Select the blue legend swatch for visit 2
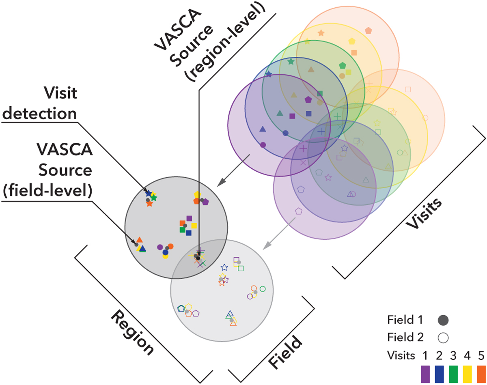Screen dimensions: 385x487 click(x=439, y=373)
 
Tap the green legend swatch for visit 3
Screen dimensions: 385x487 click(x=454, y=373)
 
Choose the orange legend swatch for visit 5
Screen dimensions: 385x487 click(x=481, y=373)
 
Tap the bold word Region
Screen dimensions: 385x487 click(x=133, y=333)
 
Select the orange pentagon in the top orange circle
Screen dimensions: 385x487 click(x=368, y=30)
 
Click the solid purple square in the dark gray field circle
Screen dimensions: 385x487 click(x=189, y=218)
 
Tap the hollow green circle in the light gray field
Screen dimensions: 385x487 click(x=262, y=289)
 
